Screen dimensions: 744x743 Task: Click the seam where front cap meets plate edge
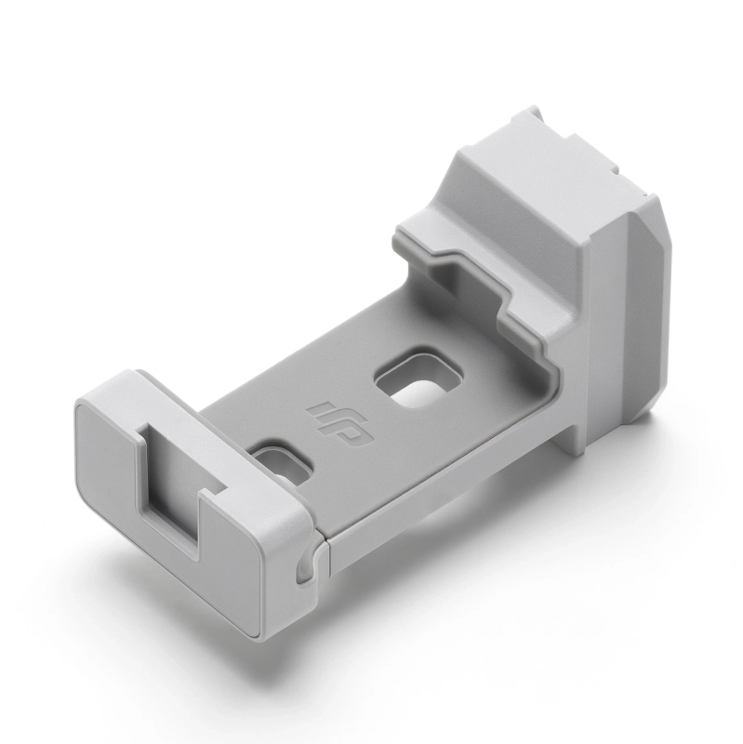pos(321,549)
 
